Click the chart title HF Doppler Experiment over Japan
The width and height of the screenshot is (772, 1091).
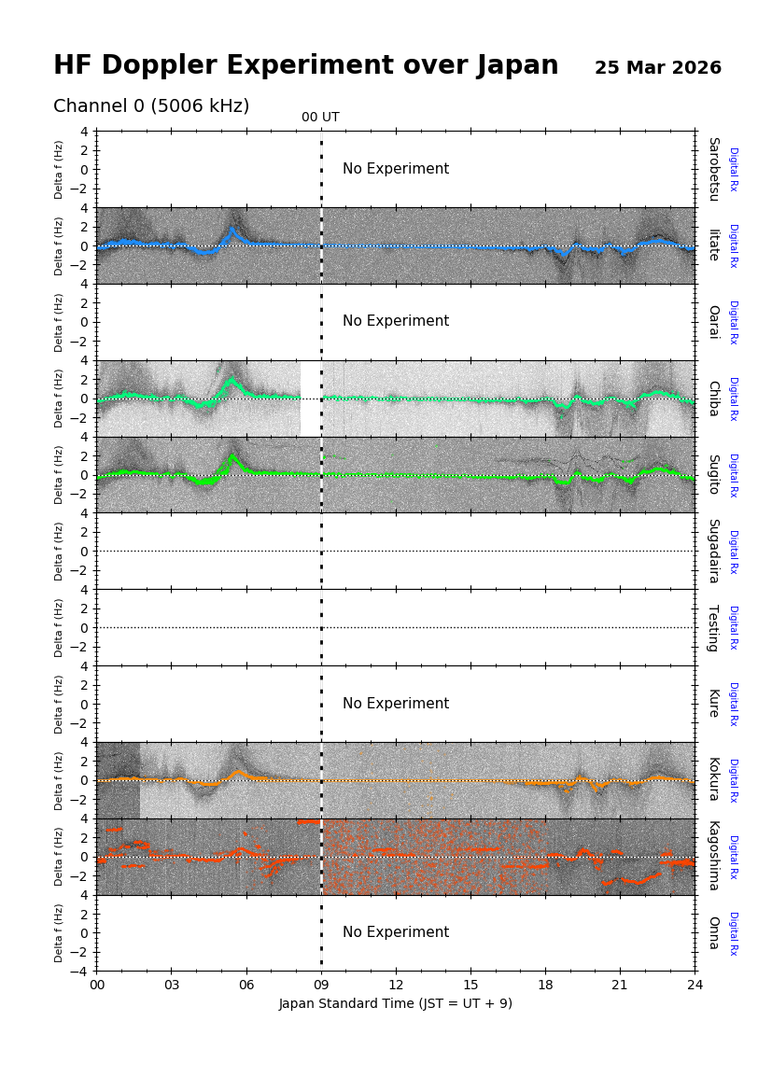point(305,66)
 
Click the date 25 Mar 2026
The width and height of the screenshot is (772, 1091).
point(657,68)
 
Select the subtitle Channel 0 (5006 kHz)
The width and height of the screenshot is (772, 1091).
point(151,106)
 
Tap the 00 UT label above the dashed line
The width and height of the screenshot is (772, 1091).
point(320,118)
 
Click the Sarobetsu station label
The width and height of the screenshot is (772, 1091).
point(713,169)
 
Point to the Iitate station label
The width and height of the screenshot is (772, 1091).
point(713,245)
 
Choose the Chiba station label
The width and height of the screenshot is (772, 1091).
point(713,398)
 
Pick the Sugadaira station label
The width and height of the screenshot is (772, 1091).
point(713,551)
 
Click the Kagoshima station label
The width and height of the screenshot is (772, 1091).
point(713,856)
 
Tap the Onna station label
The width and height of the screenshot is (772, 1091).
point(713,932)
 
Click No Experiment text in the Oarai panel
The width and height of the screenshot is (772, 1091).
point(395,321)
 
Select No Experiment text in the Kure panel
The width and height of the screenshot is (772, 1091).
point(395,704)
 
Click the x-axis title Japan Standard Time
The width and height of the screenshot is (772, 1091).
point(395,1004)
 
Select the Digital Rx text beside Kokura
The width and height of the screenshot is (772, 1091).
point(733,780)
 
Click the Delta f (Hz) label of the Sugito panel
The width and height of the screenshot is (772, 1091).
point(60,474)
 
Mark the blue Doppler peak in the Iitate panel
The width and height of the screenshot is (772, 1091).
point(232,230)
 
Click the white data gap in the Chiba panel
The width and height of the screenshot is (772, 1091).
point(310,399)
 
